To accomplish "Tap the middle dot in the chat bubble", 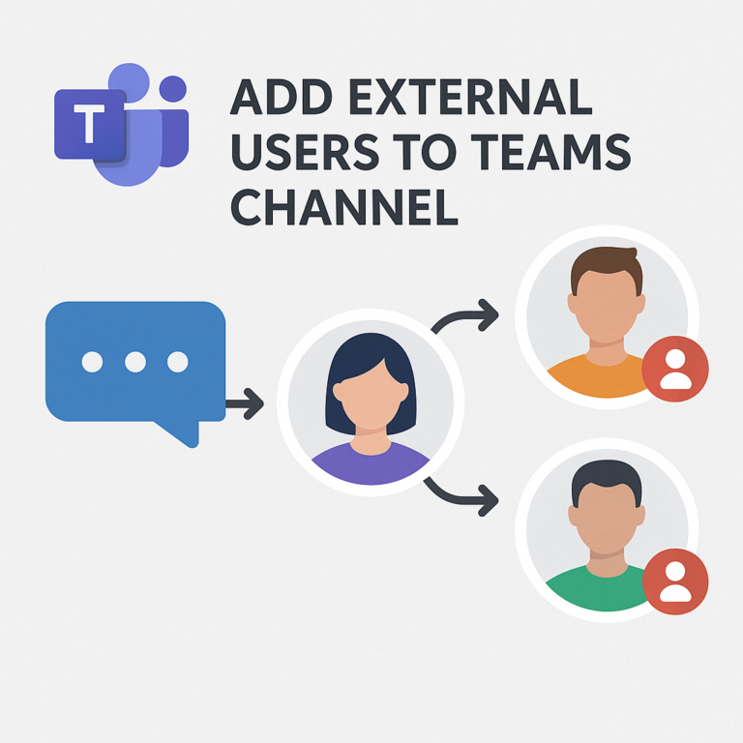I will point(134,362).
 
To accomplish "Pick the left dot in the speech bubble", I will point(92,362).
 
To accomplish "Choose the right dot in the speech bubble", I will point(177,362).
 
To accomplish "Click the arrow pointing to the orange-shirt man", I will point(466,315).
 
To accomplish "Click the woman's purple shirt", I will point(371,465).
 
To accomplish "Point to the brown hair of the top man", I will point(606,264).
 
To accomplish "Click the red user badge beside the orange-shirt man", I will point(675,371).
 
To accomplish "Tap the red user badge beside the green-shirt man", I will point(675,581).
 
